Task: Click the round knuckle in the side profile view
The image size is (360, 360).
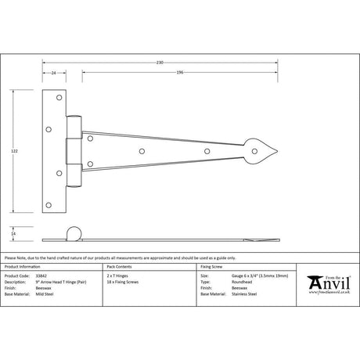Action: (x=74, y=233)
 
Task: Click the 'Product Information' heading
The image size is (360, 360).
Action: (x=23, y=267)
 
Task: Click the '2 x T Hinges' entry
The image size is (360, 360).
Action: (x=118, y=276)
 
